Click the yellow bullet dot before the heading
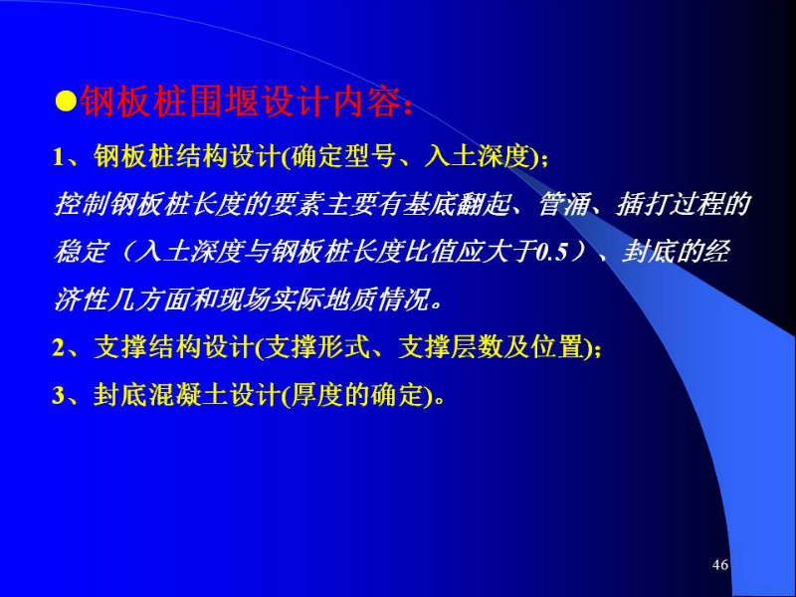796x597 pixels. click(66, 101)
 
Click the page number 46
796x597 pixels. click(720, 564)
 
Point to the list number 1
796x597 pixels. click(59, 157)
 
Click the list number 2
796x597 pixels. click(58, 349)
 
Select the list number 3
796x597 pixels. click(58, 395)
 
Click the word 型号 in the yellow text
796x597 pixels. click(369, 156)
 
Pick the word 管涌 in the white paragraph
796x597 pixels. click(561, 205)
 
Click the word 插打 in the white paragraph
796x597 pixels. click(641, 205)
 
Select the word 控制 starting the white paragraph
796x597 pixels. click(81, 205)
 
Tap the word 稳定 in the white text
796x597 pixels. click(81, 253)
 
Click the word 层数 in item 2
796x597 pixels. click(478, 348)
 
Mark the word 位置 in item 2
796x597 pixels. click(557, 348)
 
